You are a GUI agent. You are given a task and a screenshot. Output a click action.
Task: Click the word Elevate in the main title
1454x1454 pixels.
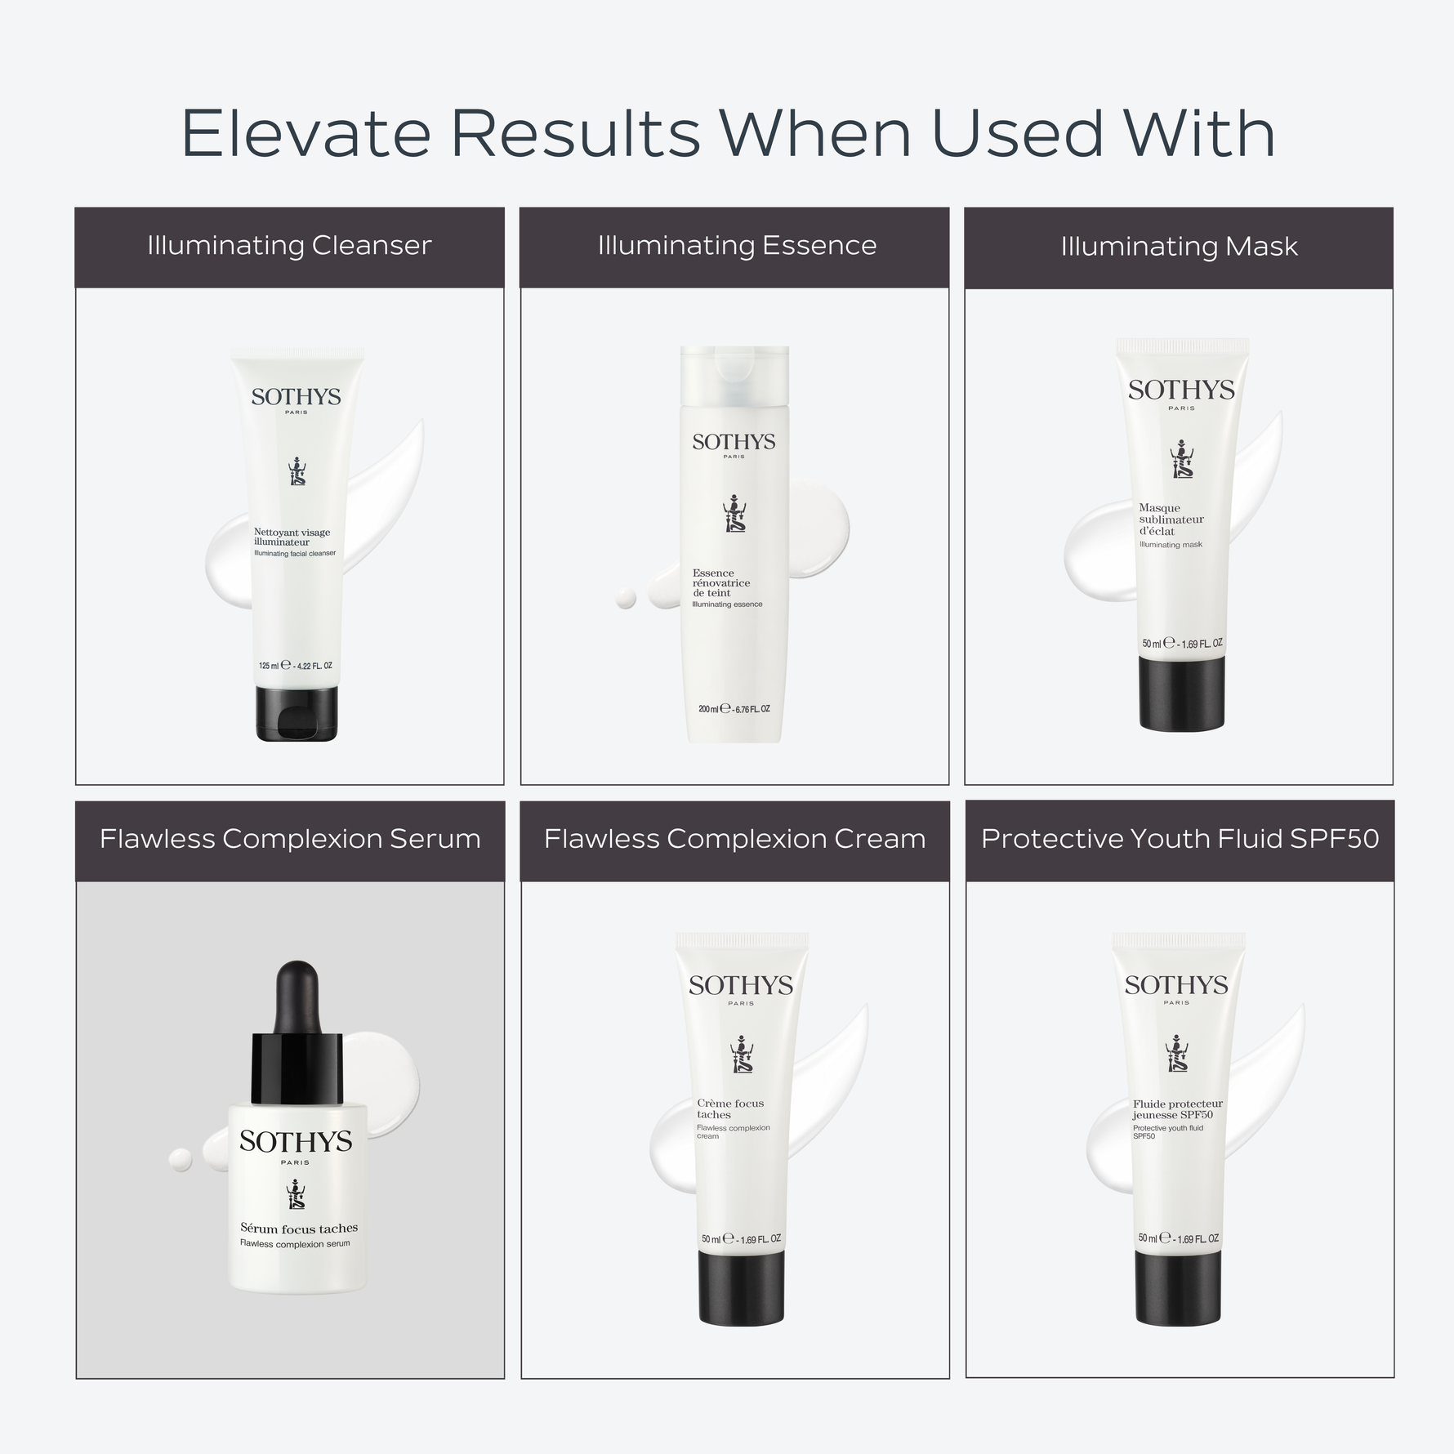pyautogui.click(x=305, y=132)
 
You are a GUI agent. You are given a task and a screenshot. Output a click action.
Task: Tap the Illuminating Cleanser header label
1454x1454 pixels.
pyautogui.click(x=289, y=246)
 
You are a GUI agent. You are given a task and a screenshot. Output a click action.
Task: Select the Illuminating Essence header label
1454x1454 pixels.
pyautogui.click(x=737, y=246)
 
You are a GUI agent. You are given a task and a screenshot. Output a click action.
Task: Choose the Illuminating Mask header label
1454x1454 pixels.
pyautogui.click(x=1179, y=247)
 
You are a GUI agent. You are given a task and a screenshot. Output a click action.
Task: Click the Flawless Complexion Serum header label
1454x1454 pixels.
pyautogui.click(x=290, y=840)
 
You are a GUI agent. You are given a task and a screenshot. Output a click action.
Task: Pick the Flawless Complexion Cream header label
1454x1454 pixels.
pyautogui.click(x=734, y=840)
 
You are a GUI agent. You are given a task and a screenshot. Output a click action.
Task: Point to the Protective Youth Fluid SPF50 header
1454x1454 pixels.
pyautogui.click(x=1180, y=839)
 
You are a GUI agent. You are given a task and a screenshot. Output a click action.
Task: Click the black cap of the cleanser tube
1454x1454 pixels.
pyautogui.click(x=297, y=713)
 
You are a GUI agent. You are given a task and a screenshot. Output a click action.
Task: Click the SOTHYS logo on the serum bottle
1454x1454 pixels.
pyautogui.click(x=296, y=1142)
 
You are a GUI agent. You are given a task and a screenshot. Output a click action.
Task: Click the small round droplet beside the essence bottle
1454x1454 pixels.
pyautogui.click(x=626, y=599)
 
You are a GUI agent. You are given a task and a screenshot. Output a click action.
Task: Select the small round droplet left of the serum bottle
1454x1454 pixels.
pyautogui.click(x=180, y=1159)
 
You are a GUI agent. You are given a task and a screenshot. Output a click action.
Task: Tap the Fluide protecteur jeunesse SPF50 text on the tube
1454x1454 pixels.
pyautogui.click(x=1177, y=1109)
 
